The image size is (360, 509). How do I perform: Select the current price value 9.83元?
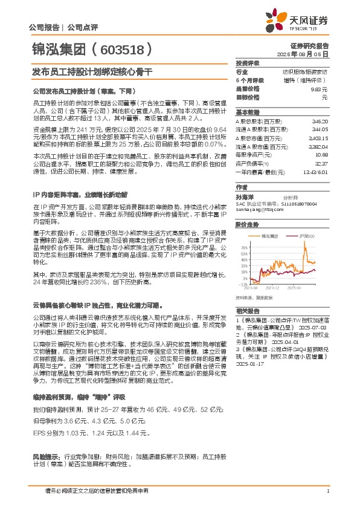click(322, 88)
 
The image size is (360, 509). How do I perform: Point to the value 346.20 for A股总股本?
click(320, 122)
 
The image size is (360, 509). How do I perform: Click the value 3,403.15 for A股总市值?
click(318, 138)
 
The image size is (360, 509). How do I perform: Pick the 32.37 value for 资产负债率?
click(321, 163)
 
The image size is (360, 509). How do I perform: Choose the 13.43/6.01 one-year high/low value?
click(315, 172)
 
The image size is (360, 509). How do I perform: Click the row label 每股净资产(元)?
click(253, 155)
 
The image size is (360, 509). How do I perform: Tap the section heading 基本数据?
click(247, 112)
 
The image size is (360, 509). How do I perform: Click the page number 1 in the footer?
click(327, 491)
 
